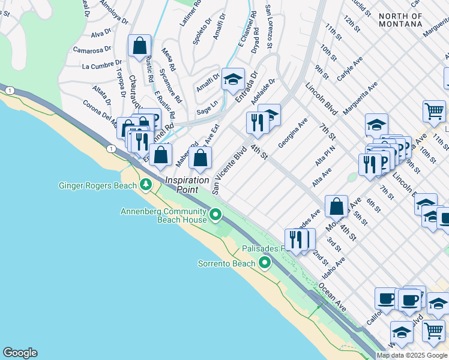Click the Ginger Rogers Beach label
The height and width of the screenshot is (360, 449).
(97, 185)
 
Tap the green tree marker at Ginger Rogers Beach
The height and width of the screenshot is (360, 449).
(145, 185)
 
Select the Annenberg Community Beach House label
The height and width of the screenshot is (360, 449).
(163, 215)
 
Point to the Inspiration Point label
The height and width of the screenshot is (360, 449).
(187, 184)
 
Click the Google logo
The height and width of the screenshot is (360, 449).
(20, 353)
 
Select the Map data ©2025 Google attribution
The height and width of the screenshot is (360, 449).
(412, 355)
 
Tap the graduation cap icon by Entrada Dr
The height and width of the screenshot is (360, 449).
(233, 79)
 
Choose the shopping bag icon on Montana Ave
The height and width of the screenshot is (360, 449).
(337, 206)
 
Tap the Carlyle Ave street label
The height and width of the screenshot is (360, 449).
(351, 70)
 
